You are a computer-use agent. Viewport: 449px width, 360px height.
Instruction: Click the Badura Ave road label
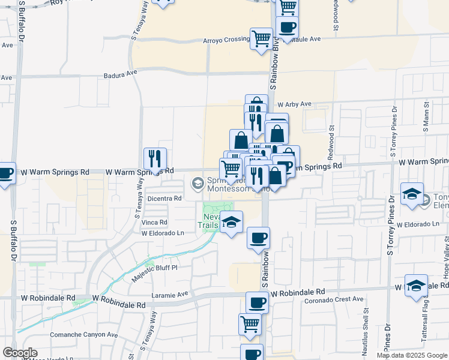click(x=119, y=71)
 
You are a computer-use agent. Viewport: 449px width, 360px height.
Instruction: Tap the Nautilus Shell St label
click(x=365, y=330)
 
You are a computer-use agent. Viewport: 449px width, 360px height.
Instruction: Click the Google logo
click(x=20, y=353)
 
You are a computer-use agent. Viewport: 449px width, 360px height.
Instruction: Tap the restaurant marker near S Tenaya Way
click(x=155, y=159)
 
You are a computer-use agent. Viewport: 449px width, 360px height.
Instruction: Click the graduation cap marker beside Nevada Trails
click(x=231, y=223)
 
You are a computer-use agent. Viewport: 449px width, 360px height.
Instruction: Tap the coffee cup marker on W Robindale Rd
click(x=258, y=302)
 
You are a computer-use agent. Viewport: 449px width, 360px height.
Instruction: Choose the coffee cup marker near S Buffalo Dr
click(x=5, y=174)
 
